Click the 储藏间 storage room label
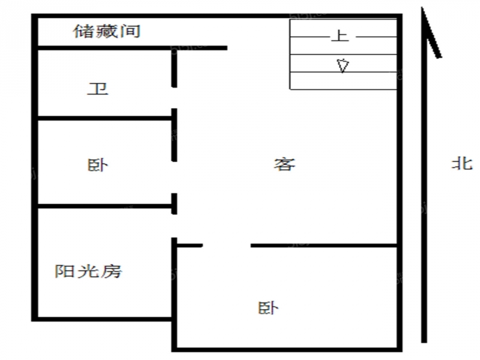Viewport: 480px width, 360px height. click(x=107, y=31)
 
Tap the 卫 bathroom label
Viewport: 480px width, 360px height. click(x=98, y=89)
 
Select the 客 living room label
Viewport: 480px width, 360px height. click(x=284, y=164)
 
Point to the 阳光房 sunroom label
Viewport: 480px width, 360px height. click(x=88, y=271)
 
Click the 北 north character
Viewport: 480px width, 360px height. click(x=462, y=163)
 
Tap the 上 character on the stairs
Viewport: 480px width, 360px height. click(x=340, y=36)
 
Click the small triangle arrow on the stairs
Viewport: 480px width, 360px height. click(x=343, y=65)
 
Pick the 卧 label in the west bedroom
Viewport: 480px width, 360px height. click(x=98, y=166)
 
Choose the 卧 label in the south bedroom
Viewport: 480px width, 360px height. click(x=268, y=308)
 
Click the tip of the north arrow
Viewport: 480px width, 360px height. click(x=422, y=7)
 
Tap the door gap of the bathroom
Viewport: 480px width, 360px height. click(x=174, y=98)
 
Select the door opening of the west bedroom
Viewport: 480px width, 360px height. click(x=174, y=177)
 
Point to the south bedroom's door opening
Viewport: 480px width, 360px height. click(x=227, y=245)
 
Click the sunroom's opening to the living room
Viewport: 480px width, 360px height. click(x=174, y=226)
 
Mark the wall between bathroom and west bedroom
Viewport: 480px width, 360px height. click(x=104, y=118)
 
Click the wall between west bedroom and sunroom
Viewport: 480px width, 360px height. click(x=104, y=206)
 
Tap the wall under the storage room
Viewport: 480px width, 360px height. click(x=132, y=48)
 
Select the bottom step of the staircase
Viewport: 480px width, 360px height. click(x=343, y=81)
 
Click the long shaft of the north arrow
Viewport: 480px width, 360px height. click(x=424, y=175)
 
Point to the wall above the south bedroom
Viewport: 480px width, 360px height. click(x=324, y=245)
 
